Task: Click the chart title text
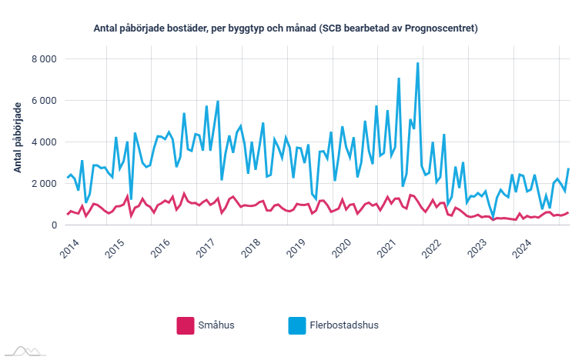coord(286,28)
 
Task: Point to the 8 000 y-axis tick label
coord(43,58)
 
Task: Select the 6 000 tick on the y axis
coord(43,100)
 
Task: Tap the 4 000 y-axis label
coord(43,142)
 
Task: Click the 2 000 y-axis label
coord(43,183)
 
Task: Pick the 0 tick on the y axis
coord(53,225)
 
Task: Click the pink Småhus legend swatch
coord(186,325)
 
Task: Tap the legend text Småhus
coord(217,325)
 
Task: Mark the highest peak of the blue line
coord(417,63)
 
